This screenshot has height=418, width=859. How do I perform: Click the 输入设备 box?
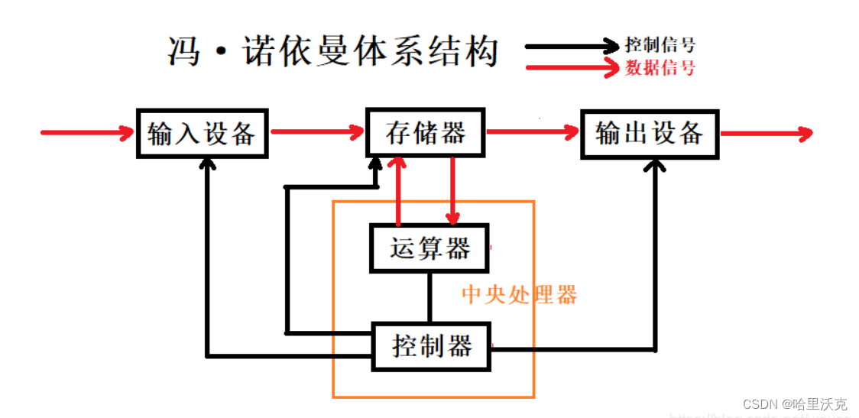coord(202,134)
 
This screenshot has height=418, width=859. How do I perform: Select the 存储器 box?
coord(426,133)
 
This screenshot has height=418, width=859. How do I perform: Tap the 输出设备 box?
coord(649,134)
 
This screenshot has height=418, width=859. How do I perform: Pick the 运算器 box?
coord(429,248)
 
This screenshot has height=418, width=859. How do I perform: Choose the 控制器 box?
coord(431,346)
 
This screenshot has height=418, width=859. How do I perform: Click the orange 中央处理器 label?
coord(519,295)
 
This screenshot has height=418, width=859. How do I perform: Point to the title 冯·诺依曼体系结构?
coord(332,52)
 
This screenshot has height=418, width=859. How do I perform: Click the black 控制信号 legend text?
coord(660,45)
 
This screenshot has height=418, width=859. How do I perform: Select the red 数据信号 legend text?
coord(660,68)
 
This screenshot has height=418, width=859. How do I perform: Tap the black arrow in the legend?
coord(573,45)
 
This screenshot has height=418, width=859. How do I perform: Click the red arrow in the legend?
coord(573,67)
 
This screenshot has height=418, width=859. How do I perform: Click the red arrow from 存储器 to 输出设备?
coord(533,133)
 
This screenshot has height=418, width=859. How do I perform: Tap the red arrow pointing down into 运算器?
coord(453,191)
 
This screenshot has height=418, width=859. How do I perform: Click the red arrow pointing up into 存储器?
coord(397,191)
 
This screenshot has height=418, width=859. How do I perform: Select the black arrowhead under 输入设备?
coord(206,165)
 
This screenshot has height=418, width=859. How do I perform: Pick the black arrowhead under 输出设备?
coord(655,165)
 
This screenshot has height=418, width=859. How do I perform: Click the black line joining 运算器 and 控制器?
coord(429,297)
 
